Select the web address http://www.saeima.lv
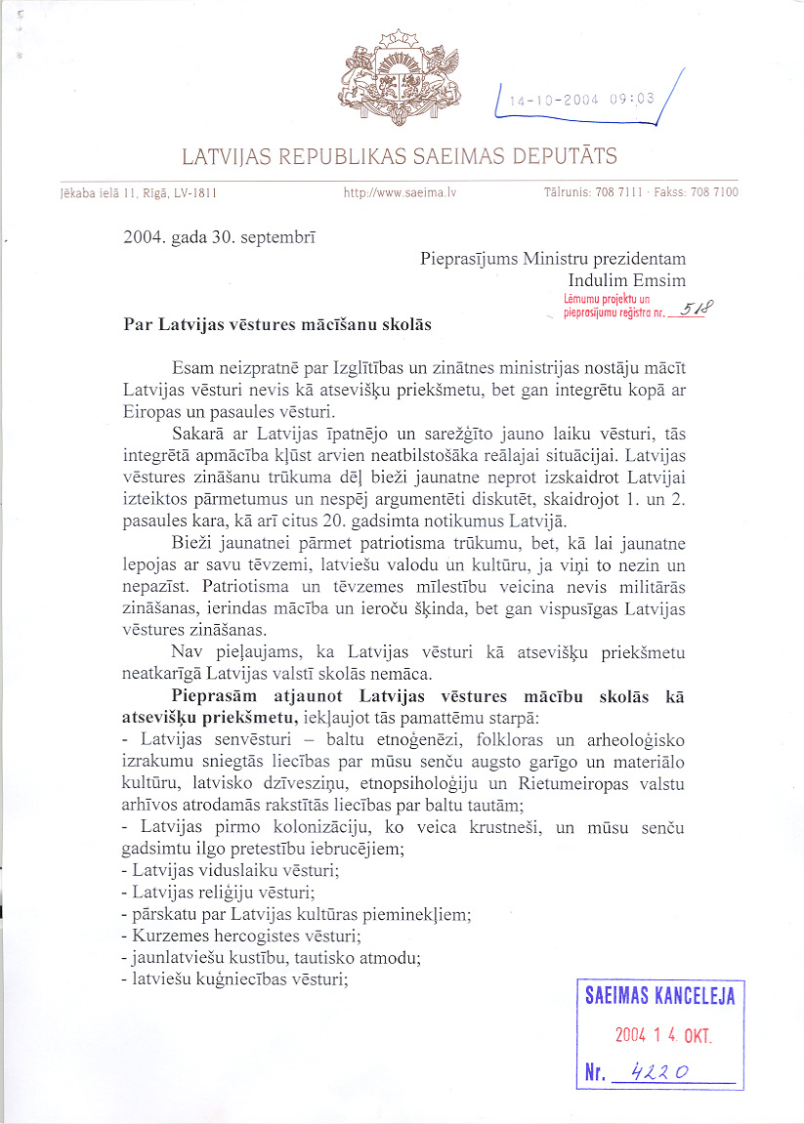point(401,193)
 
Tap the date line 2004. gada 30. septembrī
point(219,236)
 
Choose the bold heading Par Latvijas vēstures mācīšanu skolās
point(277,323)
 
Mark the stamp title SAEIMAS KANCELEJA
point(659,996)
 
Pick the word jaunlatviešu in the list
point(176,958)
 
